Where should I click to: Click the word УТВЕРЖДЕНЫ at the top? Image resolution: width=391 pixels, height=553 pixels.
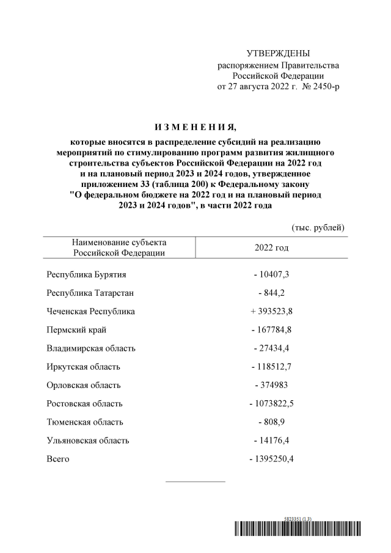click(x=278, y=54)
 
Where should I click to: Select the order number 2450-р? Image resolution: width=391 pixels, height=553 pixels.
click(x=326, y=87)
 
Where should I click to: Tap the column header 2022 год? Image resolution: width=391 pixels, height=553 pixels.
click(x=272, y=247)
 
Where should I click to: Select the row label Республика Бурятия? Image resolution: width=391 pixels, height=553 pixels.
click(x=86, y=274)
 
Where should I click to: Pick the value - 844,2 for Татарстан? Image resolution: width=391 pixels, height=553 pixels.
click(x=272, y=293)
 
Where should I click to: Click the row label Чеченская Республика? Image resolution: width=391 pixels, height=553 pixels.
click(x=90, y=311)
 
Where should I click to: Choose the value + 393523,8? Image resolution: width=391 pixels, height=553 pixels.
click(x=272, y=311)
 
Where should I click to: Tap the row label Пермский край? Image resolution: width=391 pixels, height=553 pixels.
click(x=76, y=330)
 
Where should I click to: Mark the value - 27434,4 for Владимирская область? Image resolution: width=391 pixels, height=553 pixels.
click(x=272, y=348)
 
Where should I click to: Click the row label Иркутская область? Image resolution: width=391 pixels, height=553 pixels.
click(x=83, y=367)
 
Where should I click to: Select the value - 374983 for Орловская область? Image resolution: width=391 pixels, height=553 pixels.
click(x=272, y=385)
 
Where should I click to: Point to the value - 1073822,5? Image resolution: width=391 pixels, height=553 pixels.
click(x=272, y=403)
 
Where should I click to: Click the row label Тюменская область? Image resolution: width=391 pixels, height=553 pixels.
click(x=85, y=422)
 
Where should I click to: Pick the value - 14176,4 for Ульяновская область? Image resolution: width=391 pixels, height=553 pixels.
click(x=272, y=441)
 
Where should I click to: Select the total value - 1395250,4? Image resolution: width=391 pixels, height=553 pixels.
click(x=272, y=459)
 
